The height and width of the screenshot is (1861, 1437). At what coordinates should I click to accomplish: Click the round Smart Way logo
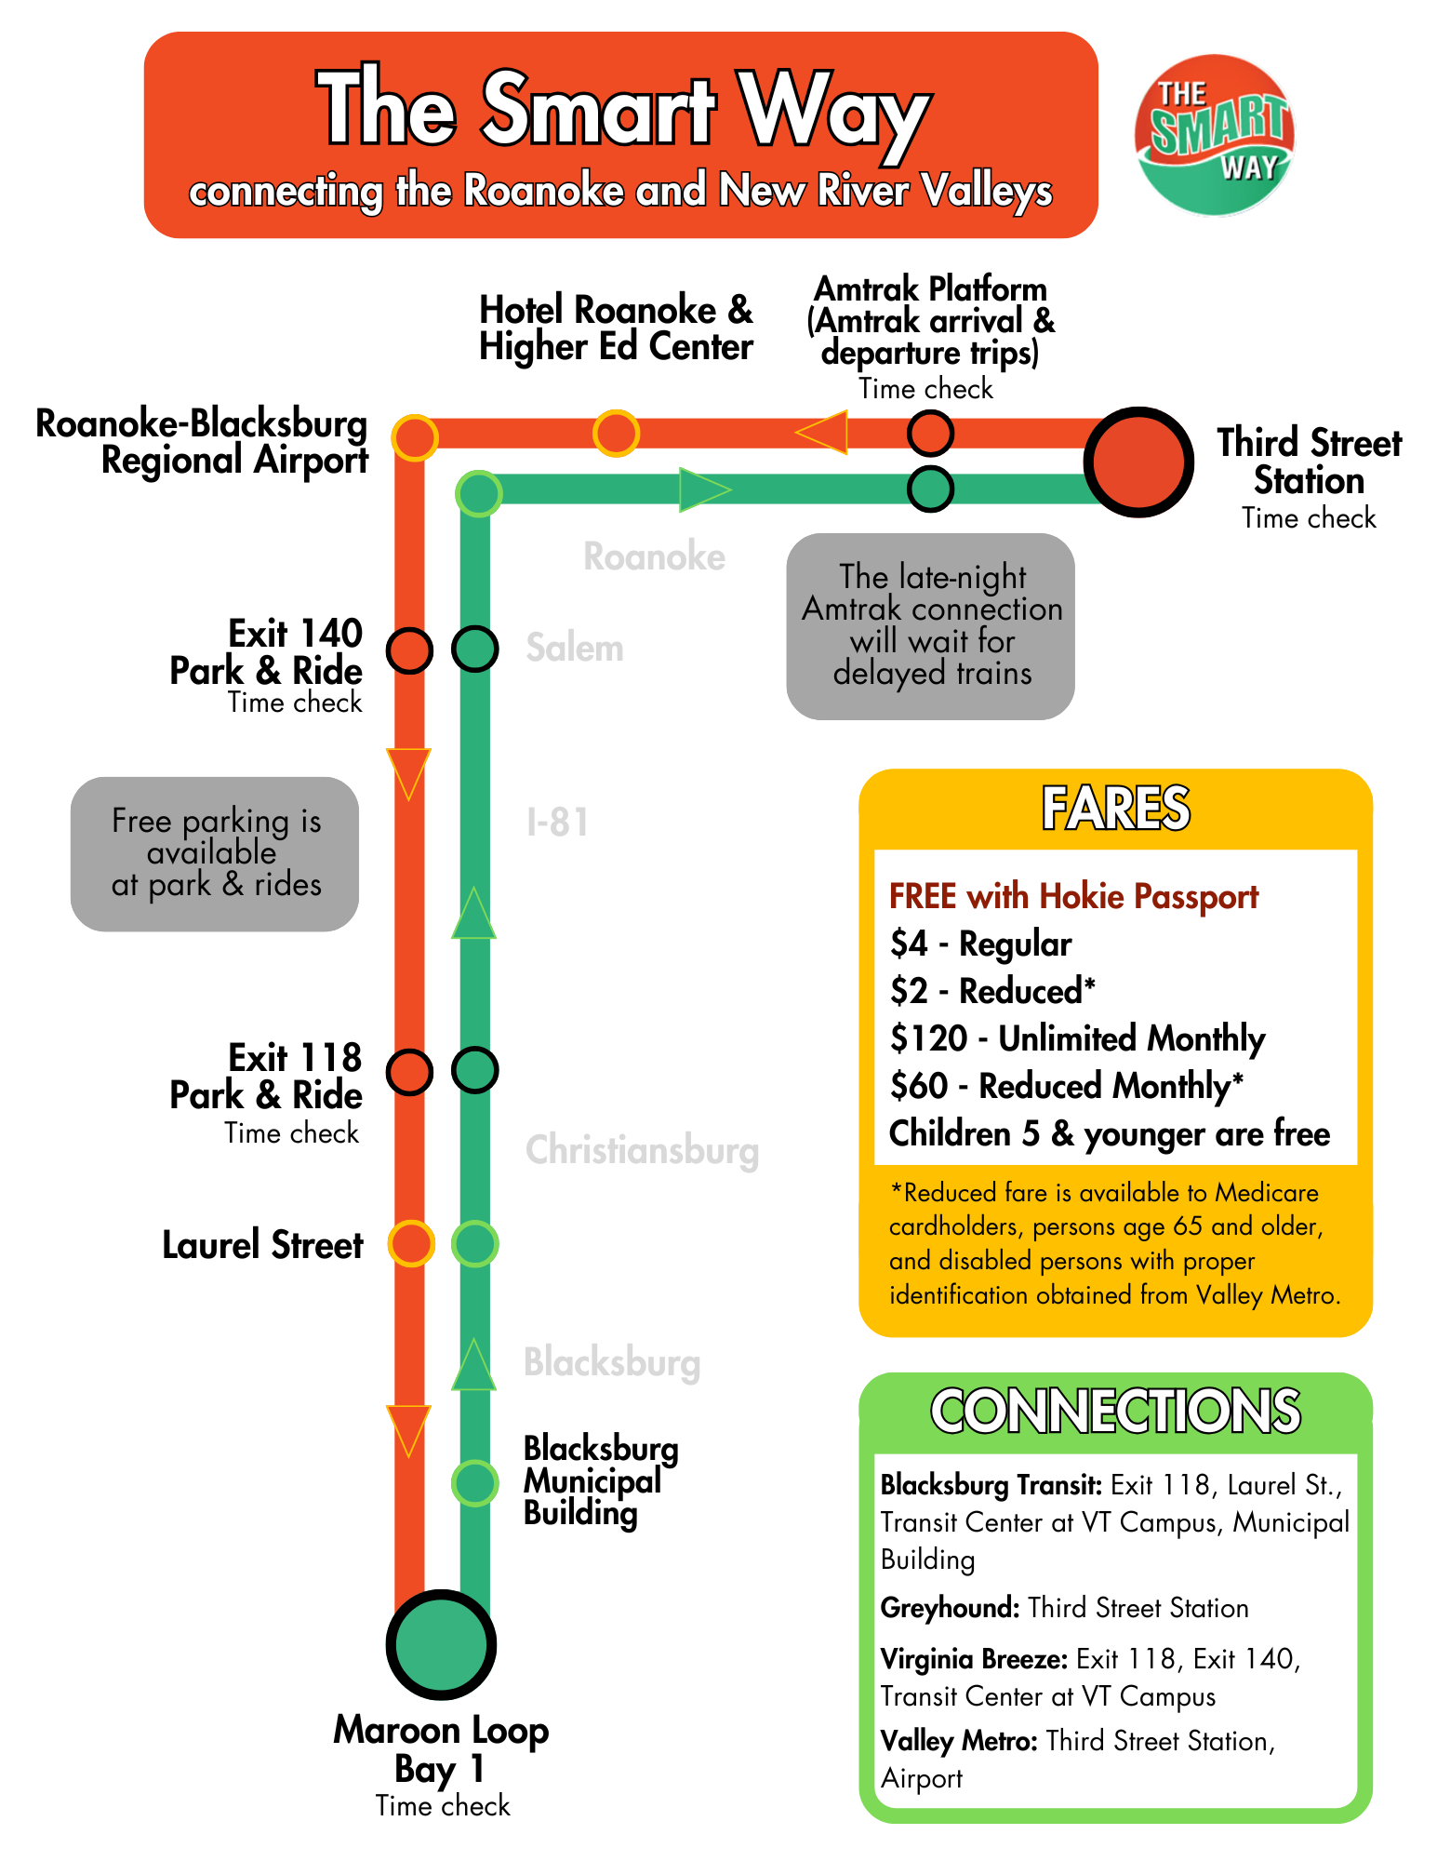click(1214, 136)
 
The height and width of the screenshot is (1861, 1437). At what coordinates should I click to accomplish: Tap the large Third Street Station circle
click(1138, 462)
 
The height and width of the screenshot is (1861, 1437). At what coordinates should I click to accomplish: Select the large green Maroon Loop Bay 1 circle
click(441, 1644)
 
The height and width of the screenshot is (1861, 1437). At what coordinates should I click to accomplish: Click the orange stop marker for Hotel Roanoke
click(616, 433)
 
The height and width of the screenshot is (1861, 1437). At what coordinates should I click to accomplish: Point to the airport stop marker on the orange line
click(415, 436)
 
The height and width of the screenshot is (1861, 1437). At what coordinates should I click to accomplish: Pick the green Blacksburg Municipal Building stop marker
click(475, 1482)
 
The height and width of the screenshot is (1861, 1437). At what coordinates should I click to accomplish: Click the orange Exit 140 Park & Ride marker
click(409, 649)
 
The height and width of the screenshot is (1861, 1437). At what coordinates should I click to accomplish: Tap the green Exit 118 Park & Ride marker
click(475, 1070)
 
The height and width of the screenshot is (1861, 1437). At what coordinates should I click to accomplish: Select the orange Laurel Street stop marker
click(410, 1243)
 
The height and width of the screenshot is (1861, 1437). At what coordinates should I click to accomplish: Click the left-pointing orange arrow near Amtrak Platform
click(822, 432)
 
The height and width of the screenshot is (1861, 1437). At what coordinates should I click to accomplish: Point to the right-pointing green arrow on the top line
click(704, 489)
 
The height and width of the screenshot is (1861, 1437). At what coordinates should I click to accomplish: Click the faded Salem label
click(575, 648)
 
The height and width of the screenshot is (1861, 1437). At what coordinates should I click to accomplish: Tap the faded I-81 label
click(557, 823)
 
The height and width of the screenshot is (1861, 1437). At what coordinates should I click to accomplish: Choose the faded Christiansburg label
click(642, 1150)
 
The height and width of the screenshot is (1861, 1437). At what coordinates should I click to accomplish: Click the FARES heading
click(1115, 808)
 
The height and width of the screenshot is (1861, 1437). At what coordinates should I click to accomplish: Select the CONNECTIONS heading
click(1115, 1411)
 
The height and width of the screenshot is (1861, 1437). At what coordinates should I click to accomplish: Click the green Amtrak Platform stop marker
click(930, 489)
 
